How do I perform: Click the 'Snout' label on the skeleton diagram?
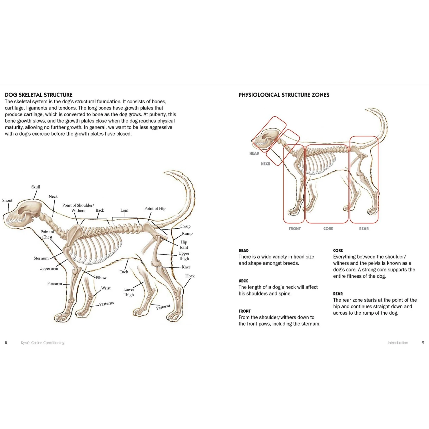tap(7, 200)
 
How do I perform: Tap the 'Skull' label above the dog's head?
tap(36, 187)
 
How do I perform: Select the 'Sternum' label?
tap(41, 258)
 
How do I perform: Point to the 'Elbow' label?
tap(101, 278)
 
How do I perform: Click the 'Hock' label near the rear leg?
tap(190, 276)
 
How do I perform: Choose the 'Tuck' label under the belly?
tap(124, 272)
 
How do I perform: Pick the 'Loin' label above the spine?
tap(124, 210)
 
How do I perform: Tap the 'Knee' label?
tap(186, 267)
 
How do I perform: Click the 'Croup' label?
tap(185, 226)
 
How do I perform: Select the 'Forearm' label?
tap(55, 284)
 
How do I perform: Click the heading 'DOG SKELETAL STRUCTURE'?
tap(39, 95)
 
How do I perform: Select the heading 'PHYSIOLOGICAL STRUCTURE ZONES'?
tap(284, 95)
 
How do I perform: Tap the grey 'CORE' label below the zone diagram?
tap(328, 229)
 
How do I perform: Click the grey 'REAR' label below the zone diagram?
tap(364, 229)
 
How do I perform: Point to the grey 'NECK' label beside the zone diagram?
tap(265, 164)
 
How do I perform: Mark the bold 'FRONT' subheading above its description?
tap(245, 311)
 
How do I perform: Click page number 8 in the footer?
tap(6, 343)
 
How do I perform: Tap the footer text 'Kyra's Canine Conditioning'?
tap(43, 343)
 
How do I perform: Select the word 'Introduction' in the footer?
tap(398, 343)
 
